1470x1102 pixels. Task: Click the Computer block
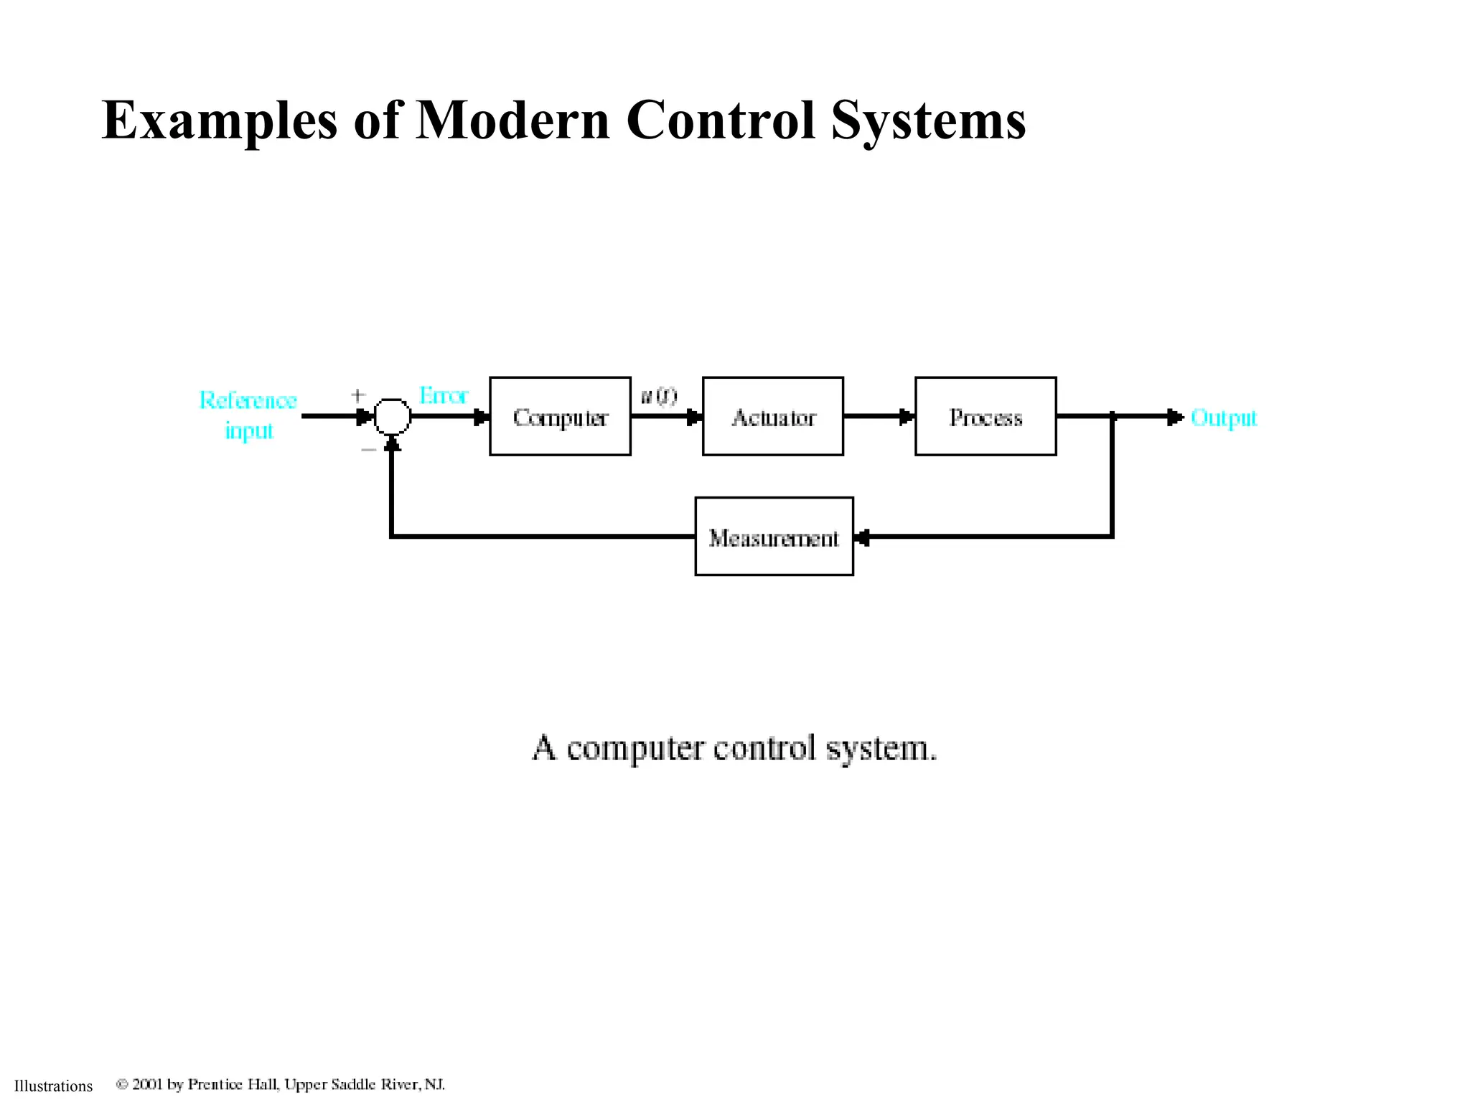coord(560,416)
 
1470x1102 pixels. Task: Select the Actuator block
coord(772,416)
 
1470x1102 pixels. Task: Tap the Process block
coord(986,416)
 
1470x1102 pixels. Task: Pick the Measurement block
coord(774,537)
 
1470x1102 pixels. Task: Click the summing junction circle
coord(392,416)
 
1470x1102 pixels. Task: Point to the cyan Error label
coord(443,395)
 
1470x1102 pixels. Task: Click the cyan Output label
coord(1224,418)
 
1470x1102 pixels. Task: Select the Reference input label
coord(248,415)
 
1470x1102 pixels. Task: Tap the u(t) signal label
coord(658,395)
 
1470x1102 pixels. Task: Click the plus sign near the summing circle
coord(358,395)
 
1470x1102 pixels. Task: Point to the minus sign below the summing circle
coord(368,450)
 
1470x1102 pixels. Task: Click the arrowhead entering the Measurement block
coord(862,537)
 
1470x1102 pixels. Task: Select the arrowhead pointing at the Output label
coord(1174,417)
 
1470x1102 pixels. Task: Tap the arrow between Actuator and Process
coord(906,416)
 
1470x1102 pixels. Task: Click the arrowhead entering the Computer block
coord(481,417)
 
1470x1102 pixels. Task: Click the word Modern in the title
coord(512,120)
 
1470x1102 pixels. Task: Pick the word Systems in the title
coord(929,120)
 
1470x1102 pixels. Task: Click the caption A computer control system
coord(734,748)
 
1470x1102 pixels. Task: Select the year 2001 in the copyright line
coord(148,1084)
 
